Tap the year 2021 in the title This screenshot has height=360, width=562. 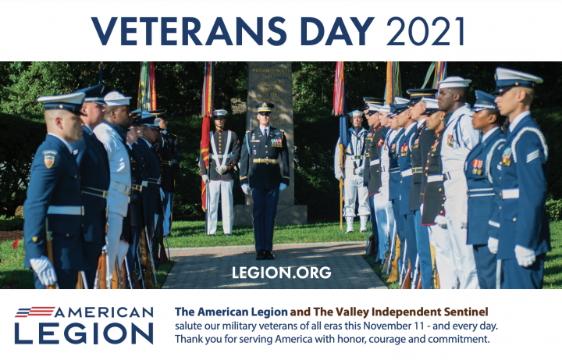click(426, 30)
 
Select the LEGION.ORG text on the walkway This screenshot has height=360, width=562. click(281, 273)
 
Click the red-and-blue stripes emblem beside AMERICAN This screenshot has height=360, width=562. click(35, 312)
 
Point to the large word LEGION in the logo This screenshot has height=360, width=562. click(84, 333)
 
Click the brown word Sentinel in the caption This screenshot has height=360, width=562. click(466, 312)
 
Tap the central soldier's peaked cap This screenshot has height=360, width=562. click(265, 106)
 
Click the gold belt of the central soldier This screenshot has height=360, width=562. click(265, 161)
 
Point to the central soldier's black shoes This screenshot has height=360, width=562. click(265, 255)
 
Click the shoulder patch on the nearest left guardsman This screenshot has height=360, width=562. click(49, 160)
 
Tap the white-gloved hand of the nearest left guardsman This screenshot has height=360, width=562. click(44, 270)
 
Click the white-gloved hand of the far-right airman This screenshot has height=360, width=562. click(525, 255)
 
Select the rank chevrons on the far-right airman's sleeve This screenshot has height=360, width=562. click(532, 155)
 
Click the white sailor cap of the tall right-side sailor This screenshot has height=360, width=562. click(454, 82)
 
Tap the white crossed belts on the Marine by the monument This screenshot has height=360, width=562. click(221, 147)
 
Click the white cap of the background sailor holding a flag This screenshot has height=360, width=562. click(357, 113)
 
